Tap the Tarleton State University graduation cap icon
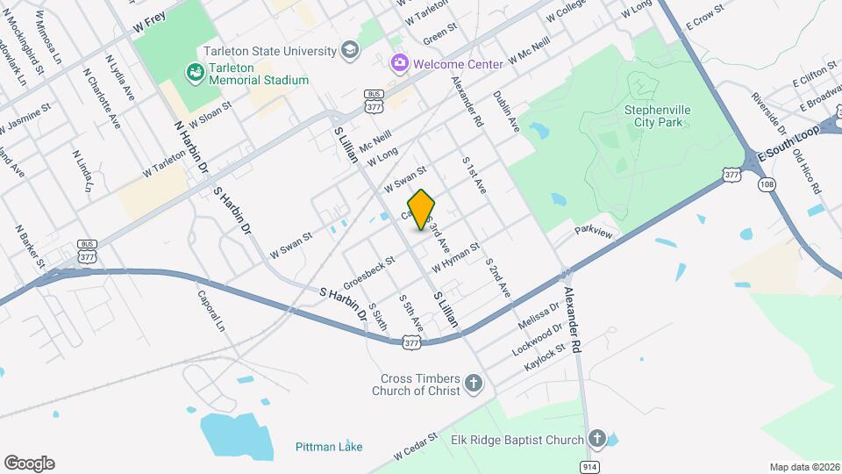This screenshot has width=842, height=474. pos(351,49)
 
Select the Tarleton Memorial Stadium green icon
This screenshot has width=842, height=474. pos(193,70)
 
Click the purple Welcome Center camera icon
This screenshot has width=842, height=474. pos(399,63)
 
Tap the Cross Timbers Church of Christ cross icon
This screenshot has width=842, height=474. pos(474,383)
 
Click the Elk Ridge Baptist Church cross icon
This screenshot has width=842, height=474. pos(597,438)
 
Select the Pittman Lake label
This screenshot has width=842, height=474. pos(328,446)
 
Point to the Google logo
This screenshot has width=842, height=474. pos(29,463)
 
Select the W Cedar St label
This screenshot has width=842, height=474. pos(416,446)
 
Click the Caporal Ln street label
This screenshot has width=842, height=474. pos(211,310)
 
